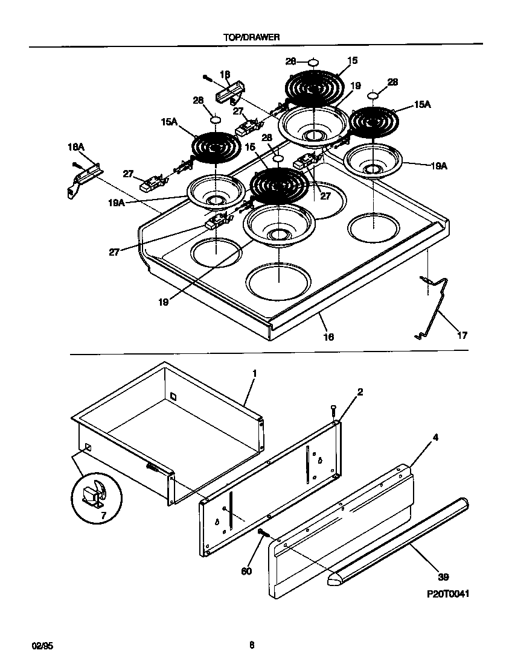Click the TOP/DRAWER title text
tap(251, 36)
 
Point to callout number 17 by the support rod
tap(461, 335)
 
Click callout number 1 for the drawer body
tap(254, 374)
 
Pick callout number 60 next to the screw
tap(245, 570)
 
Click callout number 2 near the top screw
tap(360, 393)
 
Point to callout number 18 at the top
tap(225, 75)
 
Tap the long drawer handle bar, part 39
tap(398, 538)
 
